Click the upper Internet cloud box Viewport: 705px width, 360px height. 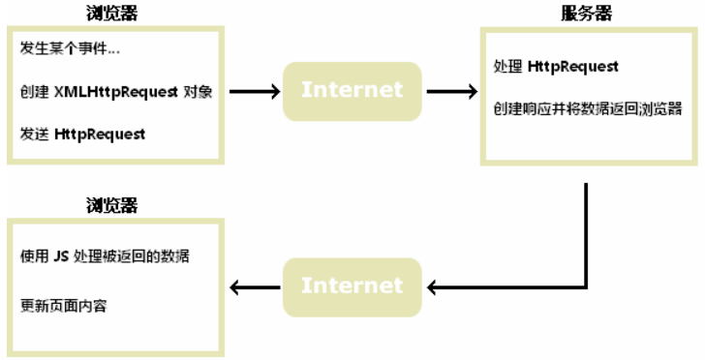click(x=352, y=91)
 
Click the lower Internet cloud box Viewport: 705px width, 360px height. click(x=352, y=285)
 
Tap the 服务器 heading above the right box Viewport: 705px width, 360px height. click(x=587, y=13)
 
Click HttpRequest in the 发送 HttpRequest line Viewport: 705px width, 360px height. click(x=101, y=135)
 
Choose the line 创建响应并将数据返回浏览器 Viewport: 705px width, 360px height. click(x=587, y=107)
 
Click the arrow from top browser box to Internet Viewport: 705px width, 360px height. click(x=251, y=92)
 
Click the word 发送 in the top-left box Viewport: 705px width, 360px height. click(x=34, y=135)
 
